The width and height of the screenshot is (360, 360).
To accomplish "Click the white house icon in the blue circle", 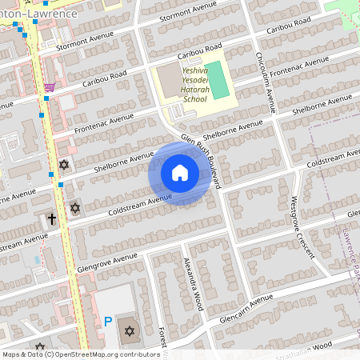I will pyautogui.click(x=180, y=173).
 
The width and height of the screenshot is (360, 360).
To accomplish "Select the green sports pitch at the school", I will pyautogui.click(x=213, y=78).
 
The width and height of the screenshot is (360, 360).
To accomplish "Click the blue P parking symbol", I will pyautogui.click(x=108, y=322).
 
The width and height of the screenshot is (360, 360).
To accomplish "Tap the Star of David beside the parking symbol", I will pyautogui.click(x=128, y=330).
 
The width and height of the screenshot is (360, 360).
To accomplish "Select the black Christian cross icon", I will pyautogui.click(x=52, y=218).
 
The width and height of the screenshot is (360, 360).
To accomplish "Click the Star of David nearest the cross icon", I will pyautogui.click(x=75, y=208).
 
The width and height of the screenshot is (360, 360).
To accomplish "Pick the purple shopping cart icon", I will pyautogui.click(x=50, y=86).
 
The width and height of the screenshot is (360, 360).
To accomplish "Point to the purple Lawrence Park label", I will pyautogui.click(x=350, y=256).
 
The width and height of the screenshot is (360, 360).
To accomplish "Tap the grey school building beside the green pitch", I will pyautogui.click(x=170, y=78).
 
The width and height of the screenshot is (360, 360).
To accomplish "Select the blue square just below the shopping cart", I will pyautogui.click(x=46, y=98).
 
